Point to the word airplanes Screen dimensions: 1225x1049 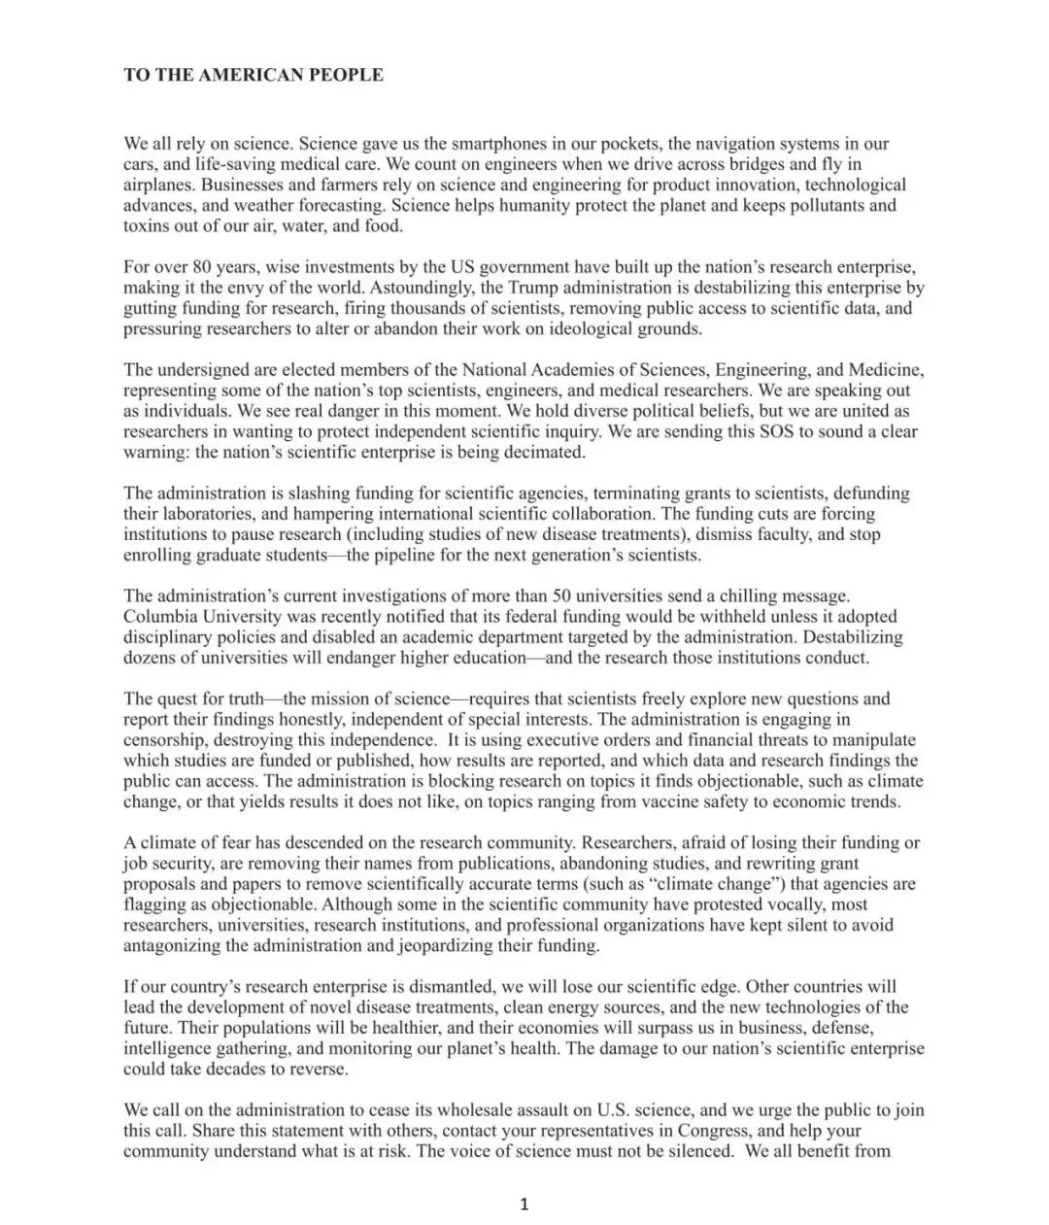click(x=158, y=185)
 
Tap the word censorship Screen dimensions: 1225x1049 click(x=164, y=740)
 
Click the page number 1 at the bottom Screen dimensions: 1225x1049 click(x=524, y=1206)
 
